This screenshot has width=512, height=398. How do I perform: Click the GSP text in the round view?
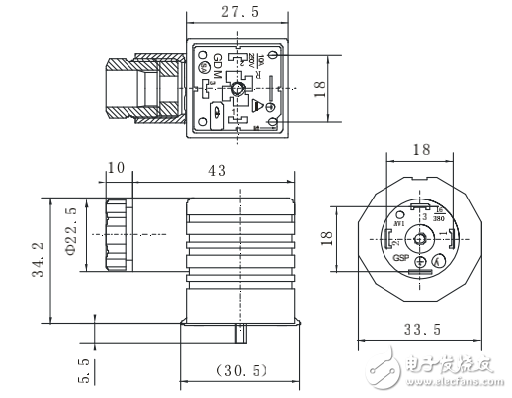point(401,257)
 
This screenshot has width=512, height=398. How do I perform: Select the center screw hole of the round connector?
point(420,239)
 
